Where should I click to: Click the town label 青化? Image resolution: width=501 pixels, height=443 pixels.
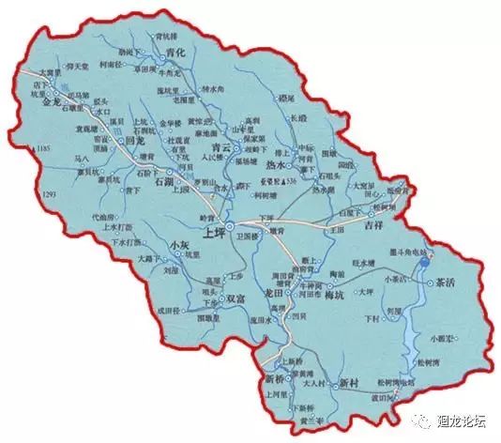click(x=175, y=54)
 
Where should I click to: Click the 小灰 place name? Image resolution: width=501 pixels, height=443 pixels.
click(x=180, y=245)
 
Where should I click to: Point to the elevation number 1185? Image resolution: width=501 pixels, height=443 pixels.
click(x=42, y=148)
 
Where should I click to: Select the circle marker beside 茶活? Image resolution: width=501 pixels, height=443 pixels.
click(x=430, y=282)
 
